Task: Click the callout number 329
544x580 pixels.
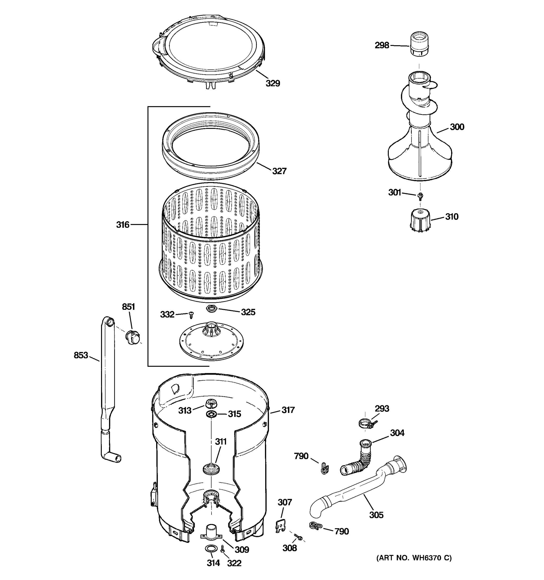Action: (x=272, y=83)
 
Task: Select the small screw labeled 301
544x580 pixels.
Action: (x=420, y=196)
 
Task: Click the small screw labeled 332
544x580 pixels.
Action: (x=191, y=315)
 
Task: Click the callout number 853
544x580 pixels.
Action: (x=81, y=355)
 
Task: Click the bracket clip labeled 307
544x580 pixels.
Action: (x=280, y=527)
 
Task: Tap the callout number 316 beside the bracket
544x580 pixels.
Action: (x=123, y=225)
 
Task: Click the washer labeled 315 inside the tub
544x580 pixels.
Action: (x=211, y=414)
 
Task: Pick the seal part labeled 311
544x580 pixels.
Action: (x=211, y=469)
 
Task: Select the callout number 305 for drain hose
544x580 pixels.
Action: (x=376, y=515)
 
